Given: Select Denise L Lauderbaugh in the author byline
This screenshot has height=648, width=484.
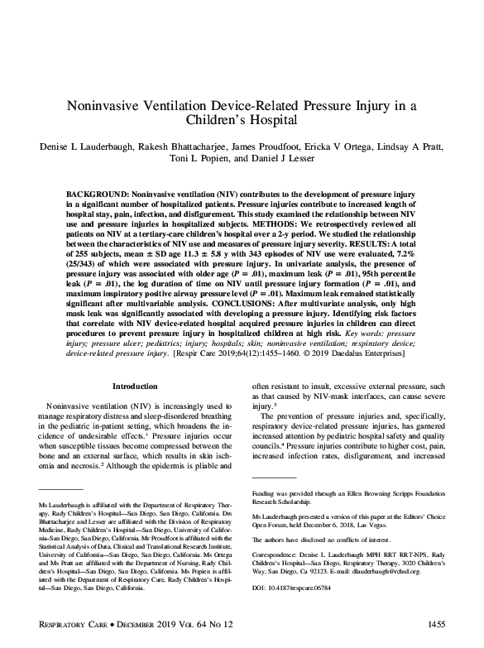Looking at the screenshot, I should [89, 146].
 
